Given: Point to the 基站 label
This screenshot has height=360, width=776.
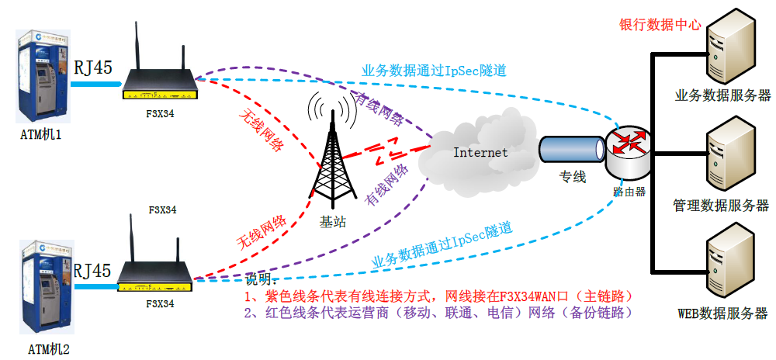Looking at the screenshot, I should tap(333, 222).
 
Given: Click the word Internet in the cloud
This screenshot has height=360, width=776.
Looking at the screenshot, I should tap(480, 153).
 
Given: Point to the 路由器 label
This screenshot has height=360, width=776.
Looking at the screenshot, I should tap(629, 191).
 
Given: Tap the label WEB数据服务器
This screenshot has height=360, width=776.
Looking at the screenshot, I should tap(722, 313).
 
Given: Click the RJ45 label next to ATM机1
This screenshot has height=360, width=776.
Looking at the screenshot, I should tap(93, 67).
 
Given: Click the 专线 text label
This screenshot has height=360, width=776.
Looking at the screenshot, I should tap(573, 178).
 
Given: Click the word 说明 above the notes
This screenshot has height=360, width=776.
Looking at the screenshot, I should tap(258, 279).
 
